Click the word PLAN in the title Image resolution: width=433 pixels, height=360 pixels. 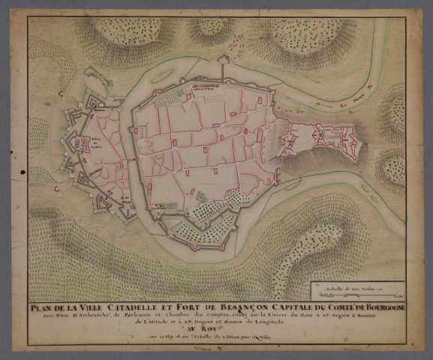(44, 306)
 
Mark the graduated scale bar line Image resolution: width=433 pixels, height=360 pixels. (358, 293)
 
